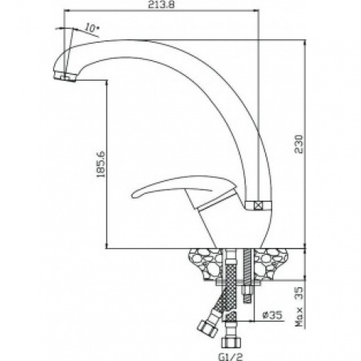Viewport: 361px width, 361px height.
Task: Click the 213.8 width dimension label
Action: click(x=161, y=5)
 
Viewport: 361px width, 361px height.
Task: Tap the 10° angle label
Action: click(x=91, y=27)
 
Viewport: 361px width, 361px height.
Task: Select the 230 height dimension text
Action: click(x=298, y=144)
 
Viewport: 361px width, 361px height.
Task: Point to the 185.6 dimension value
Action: click(x=100, y=164)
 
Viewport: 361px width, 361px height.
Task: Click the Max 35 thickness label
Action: click(x=299, y=307)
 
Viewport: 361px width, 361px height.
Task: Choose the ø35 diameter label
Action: click(x=272, y=315)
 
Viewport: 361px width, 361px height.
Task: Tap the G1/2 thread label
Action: click(x=231, y=357)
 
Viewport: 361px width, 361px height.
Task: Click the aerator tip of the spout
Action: click(x=64, y=77)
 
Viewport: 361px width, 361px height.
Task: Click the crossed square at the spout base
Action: click(x=258, y=205)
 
